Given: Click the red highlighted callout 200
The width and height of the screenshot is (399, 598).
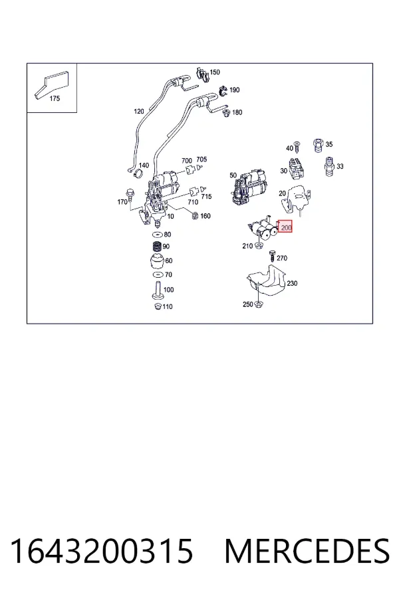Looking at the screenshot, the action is click(x=285, y=227).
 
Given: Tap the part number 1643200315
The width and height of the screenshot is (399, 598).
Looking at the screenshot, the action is click(x=101, y=551).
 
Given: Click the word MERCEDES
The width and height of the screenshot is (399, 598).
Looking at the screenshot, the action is click(x=307, y=551).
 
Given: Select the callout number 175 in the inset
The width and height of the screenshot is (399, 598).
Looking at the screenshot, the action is click(x=55, y=98).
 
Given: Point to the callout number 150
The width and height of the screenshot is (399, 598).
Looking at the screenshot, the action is click(x=215, y=72).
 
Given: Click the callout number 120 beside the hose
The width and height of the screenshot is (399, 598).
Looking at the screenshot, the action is click(x=138, y=112).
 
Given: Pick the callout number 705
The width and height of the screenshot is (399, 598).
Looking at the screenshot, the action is click(x=201, y=159).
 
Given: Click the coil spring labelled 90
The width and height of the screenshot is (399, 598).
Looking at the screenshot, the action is click(x=156, y=247).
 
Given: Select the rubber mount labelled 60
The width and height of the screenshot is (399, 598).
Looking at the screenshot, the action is click(x=156, y=261).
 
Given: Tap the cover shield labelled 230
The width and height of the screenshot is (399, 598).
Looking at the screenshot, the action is click(x=267, y=282).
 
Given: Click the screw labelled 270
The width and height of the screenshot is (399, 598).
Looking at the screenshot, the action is click(x=272, y=256).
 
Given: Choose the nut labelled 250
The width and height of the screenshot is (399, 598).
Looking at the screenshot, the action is click(x=259, y=304).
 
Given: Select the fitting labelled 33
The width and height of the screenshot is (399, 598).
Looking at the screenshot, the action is click(x=329, y=167).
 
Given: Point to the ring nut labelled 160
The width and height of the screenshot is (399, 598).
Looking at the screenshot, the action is click(x=195, y=216).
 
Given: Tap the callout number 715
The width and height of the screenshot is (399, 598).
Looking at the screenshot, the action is click(x=206, y=197).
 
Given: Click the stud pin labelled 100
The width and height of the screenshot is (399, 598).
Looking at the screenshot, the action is click(x=158, y=290).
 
